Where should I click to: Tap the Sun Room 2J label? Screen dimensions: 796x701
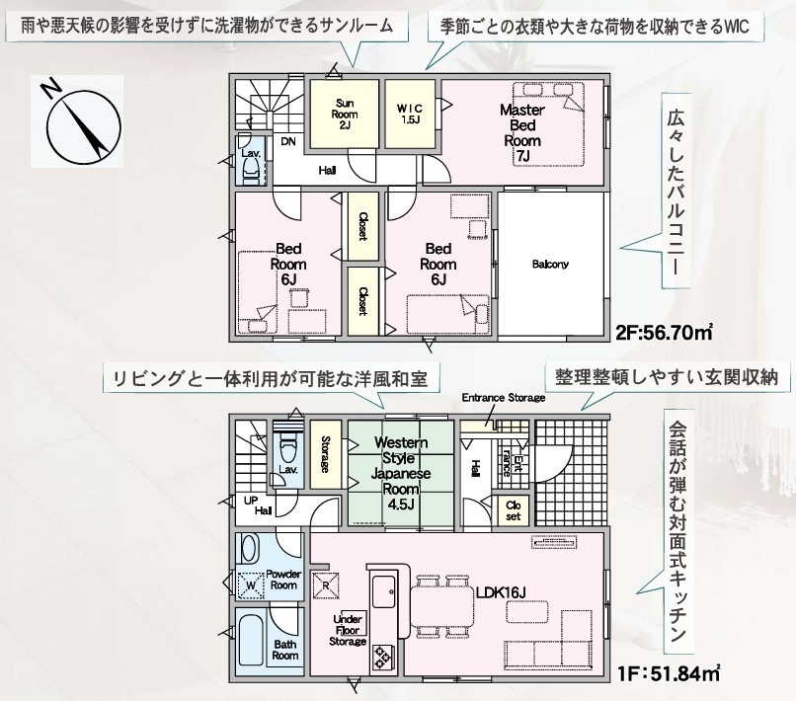point(345,115)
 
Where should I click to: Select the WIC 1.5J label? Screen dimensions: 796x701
point(409,115)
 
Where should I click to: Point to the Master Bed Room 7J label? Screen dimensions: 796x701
point(522,133)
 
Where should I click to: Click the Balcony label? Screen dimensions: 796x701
point(550,264)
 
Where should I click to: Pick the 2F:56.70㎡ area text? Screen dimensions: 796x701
point(665,333)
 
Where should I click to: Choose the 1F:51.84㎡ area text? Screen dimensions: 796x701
point(669,673)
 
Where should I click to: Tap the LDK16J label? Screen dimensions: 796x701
point(501,592)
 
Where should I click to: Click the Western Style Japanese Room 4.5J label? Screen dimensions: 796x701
point(401,473)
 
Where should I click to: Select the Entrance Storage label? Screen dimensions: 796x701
point(504,398)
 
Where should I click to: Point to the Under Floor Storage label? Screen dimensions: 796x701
point(348,630)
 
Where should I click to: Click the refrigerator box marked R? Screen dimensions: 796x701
point(326,584)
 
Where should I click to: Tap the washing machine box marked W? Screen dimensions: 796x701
point(251,584)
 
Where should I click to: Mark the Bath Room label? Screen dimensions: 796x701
point(284,650)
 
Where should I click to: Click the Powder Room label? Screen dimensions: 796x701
point(283,580)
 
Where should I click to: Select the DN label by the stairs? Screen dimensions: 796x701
point(288,141)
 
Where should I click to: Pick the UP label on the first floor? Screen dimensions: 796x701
point(251,501)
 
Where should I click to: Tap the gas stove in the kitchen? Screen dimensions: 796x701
point(382,657)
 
